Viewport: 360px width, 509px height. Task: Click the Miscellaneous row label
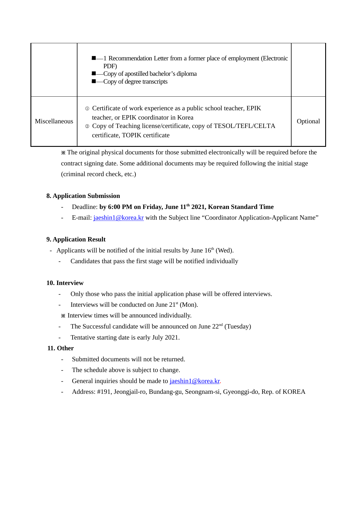point(54,121)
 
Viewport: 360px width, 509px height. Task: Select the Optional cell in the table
point(308,121)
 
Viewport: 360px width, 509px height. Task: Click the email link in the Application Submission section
point(118,218)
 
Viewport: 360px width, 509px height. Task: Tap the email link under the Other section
point(195,381)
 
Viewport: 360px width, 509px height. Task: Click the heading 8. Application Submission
point(83,196)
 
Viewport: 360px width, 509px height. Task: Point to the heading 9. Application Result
point(76,239)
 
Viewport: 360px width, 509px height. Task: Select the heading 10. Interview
point(65,283)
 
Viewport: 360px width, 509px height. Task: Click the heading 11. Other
point(60,348)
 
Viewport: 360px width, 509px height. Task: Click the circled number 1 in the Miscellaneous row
point(87,109)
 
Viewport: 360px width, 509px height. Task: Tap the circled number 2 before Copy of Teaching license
point(87,126)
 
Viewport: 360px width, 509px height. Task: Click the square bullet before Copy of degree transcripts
point(94,81)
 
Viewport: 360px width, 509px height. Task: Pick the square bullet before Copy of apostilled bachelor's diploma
point(94,73)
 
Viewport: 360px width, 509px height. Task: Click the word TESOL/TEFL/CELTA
point(245,126)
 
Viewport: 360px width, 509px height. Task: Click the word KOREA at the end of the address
point(294,392)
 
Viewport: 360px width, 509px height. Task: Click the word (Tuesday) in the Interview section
point(238,326)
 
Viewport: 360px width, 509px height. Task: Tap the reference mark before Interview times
point(63,316)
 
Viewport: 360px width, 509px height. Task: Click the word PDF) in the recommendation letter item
point(110,66)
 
